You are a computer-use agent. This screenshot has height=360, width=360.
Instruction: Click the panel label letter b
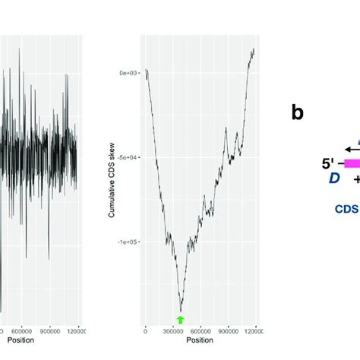coord(298,112)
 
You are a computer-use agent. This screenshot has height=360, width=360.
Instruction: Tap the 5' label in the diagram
coord(330,162)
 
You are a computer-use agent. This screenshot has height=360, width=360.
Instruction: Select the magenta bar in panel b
coord(352,163)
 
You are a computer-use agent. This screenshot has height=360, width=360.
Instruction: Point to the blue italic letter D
coord(333,178)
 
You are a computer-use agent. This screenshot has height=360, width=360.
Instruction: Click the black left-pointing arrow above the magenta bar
coord(350,149)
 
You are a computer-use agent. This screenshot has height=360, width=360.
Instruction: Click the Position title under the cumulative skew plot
coord(200,341)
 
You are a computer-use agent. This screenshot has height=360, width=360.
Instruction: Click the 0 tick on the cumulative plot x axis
coord(146,331)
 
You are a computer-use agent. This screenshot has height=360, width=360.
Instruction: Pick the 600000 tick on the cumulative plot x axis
coord(200,331)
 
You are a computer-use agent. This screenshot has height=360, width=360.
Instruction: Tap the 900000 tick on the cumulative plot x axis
coord(227,331)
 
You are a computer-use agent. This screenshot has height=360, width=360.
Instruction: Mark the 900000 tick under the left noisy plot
coord(49,331)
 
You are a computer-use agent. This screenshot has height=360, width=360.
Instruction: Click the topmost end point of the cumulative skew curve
coord(254,49)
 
